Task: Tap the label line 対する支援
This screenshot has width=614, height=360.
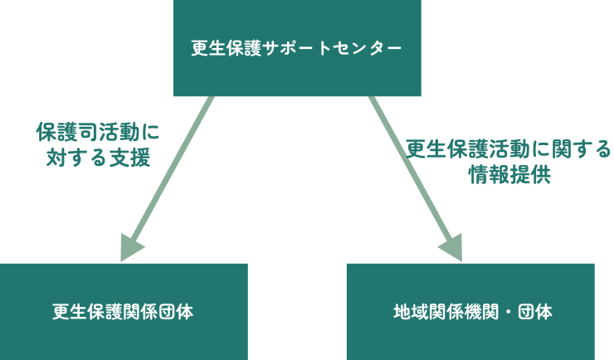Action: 98,157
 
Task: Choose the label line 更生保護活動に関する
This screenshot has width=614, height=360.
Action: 508,149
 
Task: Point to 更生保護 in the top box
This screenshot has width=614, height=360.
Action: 226,48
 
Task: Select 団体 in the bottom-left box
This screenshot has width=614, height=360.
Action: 176,312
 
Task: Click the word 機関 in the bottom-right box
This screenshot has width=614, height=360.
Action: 482,312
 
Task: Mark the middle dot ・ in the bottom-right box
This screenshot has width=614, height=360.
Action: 508,312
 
